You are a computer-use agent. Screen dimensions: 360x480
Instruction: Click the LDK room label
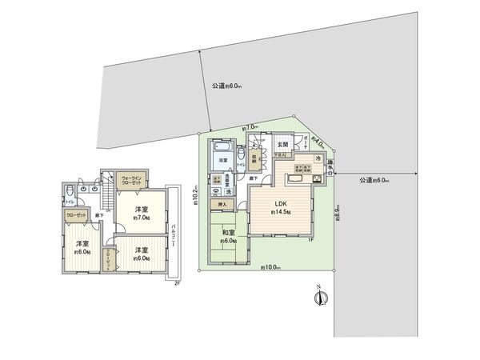coord(281,203)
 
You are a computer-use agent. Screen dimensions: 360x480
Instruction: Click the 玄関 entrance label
coord(282,145)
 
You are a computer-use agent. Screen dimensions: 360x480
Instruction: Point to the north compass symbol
coord(319,298)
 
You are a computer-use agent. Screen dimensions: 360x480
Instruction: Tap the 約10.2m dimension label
coord(194,194)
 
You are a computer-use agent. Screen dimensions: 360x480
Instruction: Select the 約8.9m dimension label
coord(338,214)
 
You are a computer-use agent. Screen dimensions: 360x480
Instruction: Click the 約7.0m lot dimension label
coord(250,128)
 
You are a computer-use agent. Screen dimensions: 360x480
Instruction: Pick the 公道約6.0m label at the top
coord(227,86)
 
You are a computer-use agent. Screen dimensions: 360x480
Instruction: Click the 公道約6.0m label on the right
coord(374,180)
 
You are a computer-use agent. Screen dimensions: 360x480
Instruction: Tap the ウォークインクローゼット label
coord(130,182)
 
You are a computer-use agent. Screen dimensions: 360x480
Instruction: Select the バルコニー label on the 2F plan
coord(174,238)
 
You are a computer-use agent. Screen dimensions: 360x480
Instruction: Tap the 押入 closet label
coord(222,206)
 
